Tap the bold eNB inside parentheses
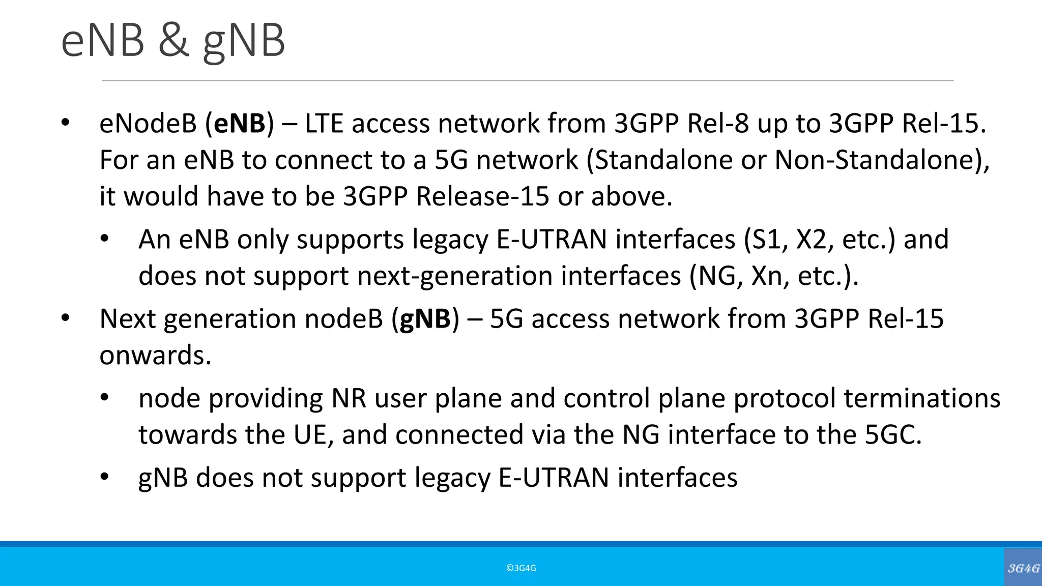point(240,124)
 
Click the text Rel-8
point(718,124)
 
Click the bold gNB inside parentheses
point(425,319)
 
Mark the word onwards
point(155,355)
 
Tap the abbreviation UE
point(310,435)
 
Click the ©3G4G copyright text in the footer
point(521,568)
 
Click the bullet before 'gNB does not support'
point(105,477)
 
